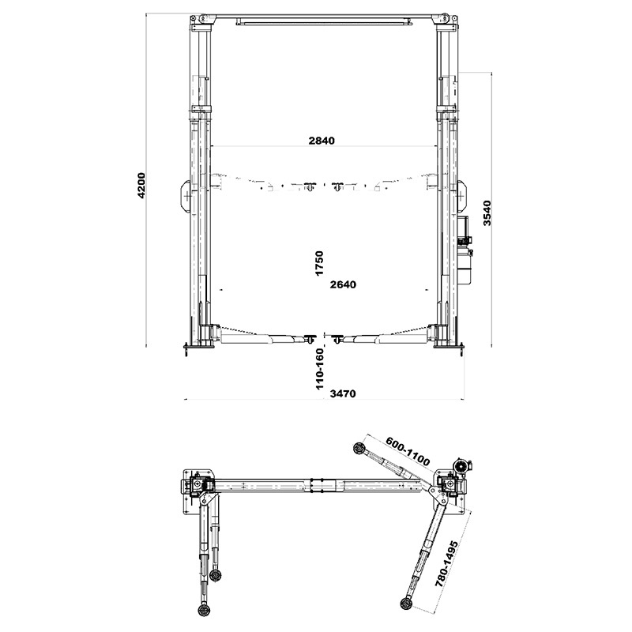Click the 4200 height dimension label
coord(141,186)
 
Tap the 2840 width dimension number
coord(322,141)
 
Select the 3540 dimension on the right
coord(487,213)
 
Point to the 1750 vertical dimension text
coord(319,263)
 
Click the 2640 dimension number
coord(343,284)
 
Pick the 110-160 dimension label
coord(320,369)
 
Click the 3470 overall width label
coord(343,393)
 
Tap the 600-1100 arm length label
coord(408,451)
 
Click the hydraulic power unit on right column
coord(465,250)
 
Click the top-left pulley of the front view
coord(202,18)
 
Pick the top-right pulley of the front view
coord(444,18)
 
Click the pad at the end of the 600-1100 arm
coord(359,448)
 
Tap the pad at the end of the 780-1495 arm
coord(406,603)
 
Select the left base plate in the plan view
coord(198,491)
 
